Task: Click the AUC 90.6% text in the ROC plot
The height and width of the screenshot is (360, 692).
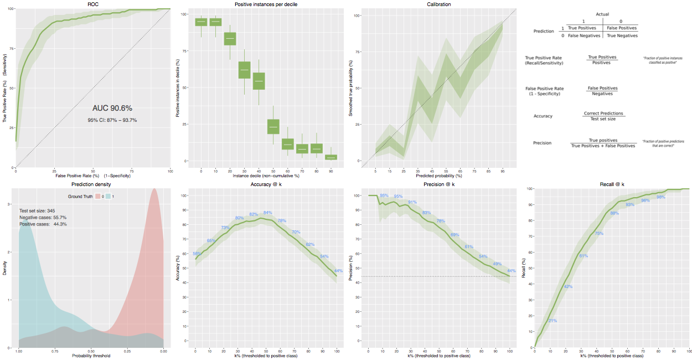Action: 112,108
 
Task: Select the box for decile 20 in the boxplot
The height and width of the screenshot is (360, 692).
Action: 230,39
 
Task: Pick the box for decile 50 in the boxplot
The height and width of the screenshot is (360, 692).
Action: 273,126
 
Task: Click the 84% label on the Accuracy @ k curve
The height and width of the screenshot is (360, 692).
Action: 267,213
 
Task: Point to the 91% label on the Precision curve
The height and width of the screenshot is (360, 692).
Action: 412,202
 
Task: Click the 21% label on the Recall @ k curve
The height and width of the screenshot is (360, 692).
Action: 552,321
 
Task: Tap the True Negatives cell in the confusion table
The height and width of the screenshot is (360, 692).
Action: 622,35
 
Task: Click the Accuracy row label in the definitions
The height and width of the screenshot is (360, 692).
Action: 543,116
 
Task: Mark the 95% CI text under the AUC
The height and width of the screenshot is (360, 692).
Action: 112,120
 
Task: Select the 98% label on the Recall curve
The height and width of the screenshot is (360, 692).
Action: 660,197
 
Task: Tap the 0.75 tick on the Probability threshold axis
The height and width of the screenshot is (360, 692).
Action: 55,352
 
